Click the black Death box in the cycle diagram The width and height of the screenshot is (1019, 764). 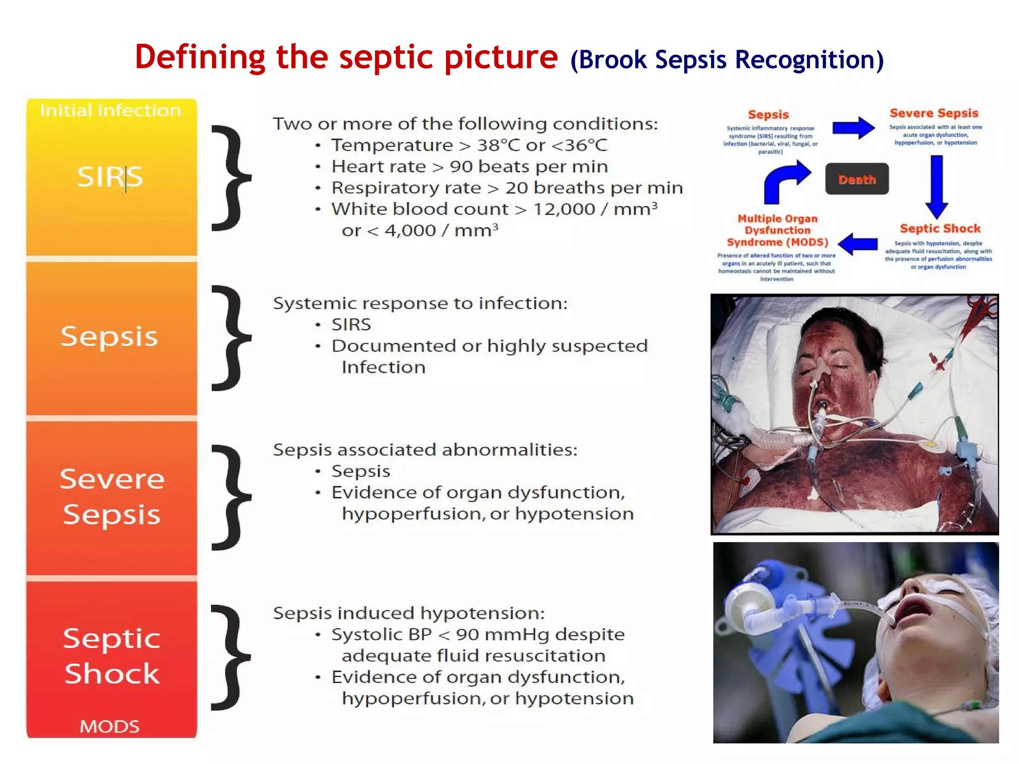[856, 179]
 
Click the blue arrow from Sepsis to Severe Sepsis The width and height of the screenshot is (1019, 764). [853, 128]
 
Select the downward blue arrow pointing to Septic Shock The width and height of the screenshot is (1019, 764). [936, 187]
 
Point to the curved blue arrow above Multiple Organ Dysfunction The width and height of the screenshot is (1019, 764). [785, 181]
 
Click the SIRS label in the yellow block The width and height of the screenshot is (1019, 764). [110, 177]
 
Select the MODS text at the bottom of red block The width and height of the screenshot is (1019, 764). [109, 727]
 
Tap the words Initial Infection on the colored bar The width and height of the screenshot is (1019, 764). [110, 110]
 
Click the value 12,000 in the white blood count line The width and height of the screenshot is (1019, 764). [564, 209]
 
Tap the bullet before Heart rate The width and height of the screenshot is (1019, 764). [318, 167]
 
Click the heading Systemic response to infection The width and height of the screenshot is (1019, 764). [420, 303]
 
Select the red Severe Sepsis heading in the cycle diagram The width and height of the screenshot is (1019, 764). [934, 113]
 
